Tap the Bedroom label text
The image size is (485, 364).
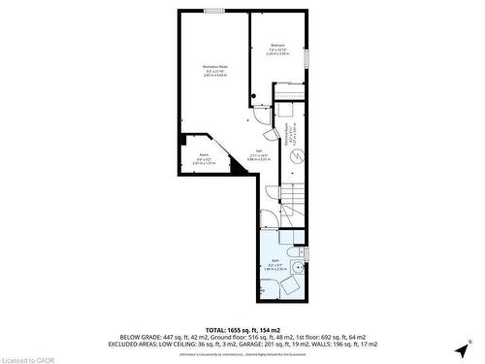[276, 46]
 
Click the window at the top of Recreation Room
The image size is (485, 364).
[213, 12]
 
